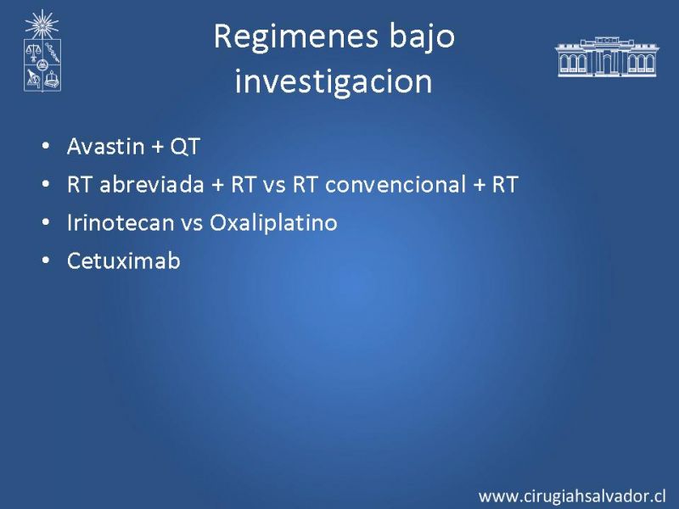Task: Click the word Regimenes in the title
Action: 296,37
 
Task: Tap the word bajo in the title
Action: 422,37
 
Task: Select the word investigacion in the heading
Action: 334,81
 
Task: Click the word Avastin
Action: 105,146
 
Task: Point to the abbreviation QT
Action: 185,147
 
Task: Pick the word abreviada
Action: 152,184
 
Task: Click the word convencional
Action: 396,184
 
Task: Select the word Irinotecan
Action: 121,222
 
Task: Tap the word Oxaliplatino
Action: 273,223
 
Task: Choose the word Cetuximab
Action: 123,260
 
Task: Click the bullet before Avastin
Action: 46,146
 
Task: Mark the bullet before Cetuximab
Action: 46,260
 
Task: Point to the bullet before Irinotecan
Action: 46,222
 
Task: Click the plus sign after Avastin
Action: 158,147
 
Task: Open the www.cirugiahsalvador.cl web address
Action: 572,496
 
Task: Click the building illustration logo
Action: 607,57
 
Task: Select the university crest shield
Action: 42,64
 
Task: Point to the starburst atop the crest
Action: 42,25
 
